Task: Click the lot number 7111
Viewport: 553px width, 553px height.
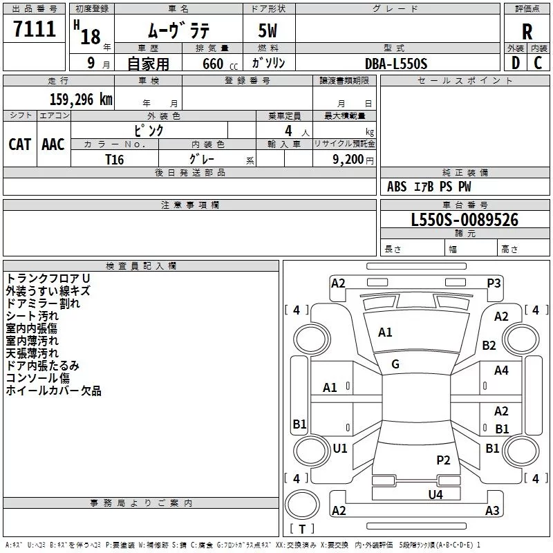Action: click(35, 30)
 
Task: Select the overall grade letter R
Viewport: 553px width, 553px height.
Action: click(527, 32)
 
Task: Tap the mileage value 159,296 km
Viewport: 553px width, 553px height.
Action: click(80, 100)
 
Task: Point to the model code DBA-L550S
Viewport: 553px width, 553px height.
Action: click(396, 64)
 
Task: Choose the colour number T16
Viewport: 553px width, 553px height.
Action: click(114, 158)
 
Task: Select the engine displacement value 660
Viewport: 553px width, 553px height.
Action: click(212, 64)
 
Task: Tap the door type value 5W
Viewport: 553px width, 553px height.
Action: click(269, 32)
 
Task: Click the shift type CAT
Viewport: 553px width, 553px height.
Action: click(19, 144)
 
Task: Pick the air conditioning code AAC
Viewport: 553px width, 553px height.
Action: click(53, 144)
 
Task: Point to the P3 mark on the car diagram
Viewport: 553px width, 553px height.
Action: click(494, 283)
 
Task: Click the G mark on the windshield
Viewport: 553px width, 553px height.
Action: click(395, 364)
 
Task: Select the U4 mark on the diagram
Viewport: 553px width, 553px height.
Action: click(435, 494)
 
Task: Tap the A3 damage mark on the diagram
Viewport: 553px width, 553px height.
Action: click(492, 511)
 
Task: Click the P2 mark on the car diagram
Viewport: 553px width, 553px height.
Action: click(443, 460)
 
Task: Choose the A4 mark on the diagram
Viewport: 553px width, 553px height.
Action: click(501, 371)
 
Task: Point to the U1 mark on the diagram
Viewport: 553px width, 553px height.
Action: click(339, 449)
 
